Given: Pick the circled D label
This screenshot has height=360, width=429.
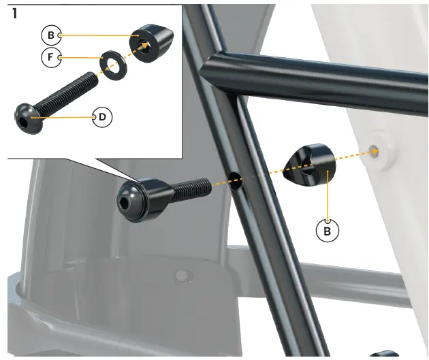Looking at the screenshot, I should click(102, 117).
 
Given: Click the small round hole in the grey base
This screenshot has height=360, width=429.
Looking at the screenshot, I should click(181, 276).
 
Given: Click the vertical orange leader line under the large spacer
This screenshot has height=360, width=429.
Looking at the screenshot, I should click(329, 197).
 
